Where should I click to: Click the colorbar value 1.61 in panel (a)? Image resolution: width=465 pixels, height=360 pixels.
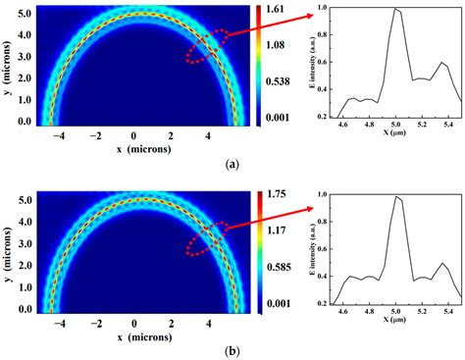[277, 9]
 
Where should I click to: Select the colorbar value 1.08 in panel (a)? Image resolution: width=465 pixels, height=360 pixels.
[277, 45]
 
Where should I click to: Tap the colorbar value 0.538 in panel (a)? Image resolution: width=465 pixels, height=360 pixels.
[279, 82]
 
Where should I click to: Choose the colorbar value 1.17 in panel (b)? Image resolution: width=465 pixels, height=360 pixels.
[277, 232]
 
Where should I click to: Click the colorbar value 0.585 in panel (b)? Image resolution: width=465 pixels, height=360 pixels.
[279, 270]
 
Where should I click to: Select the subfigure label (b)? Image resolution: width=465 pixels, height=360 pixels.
[232, 351]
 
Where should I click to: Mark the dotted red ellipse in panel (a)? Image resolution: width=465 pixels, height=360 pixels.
[207, 47]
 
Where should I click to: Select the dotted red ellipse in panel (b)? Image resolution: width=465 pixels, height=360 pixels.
[207, 238]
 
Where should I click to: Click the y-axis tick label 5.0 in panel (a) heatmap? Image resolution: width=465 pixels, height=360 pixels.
[26, 15]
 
